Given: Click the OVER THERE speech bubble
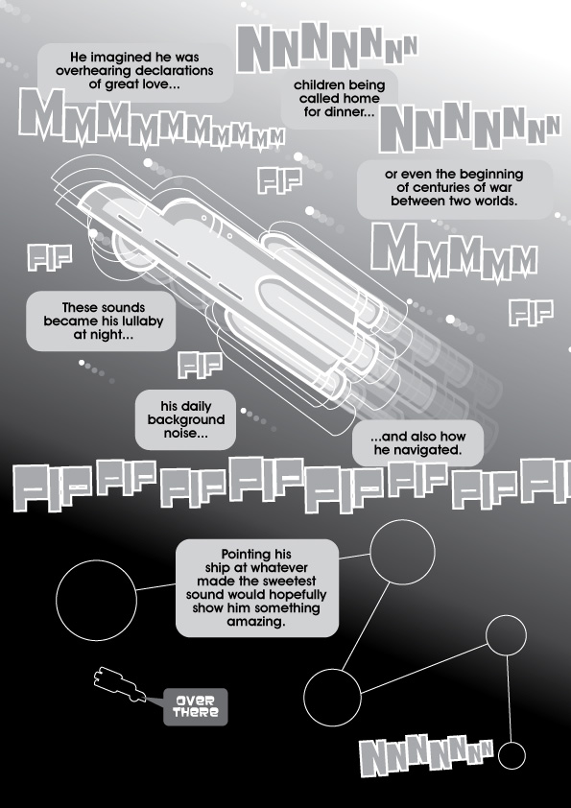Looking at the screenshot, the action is click(x=196, y=706).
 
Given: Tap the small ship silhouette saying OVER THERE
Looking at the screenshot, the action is click(x=119, y=684).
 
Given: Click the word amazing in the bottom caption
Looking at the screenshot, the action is click(x=256, y=622).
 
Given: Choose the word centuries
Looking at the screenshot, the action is click(x=435, y=187).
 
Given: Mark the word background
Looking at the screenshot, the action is click(x=186, y=420).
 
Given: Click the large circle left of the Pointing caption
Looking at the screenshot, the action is click(x=96, y=601).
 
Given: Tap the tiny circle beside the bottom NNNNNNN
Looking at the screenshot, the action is click(x=512, y=755).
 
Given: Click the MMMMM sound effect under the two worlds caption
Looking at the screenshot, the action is click(x=454, y=252).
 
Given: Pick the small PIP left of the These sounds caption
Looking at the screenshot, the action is click(x=50, y=257).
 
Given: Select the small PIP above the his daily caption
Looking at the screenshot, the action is click(x=200, y=365).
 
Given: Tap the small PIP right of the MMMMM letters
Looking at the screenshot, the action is click(x=531, y=312).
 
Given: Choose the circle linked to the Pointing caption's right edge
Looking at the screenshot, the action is click(x=402, y=552).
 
